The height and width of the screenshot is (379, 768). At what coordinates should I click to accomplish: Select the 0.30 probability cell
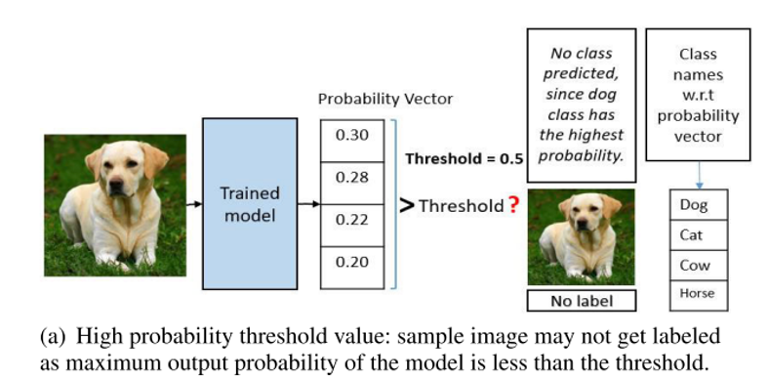[x=352, y=135]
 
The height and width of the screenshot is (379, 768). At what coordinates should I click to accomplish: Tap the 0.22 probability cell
[x=352, y=219]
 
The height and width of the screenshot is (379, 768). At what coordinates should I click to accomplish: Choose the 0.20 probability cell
[x=352, y=262]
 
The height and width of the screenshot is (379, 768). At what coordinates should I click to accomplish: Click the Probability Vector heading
[x=385, y=99]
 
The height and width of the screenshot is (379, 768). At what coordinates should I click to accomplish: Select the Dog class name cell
[x=694, y=205]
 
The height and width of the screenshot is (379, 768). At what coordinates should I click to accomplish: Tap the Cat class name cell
[x=694, y=235]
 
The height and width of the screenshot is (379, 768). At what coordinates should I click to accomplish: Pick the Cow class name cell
[x=694, y=265]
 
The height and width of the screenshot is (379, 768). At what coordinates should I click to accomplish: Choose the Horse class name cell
[x=694, y=293]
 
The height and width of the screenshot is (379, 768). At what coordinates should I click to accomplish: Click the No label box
[x=582, y=301]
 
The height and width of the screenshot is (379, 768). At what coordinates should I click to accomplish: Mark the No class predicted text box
[x=582, y=104]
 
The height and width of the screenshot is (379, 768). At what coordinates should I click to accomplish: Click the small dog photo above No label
[x=582, y=237]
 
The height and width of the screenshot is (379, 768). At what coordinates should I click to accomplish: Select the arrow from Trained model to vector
[x=309, y=204]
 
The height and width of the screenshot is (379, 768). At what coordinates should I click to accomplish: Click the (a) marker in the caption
[x=52, y=336]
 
